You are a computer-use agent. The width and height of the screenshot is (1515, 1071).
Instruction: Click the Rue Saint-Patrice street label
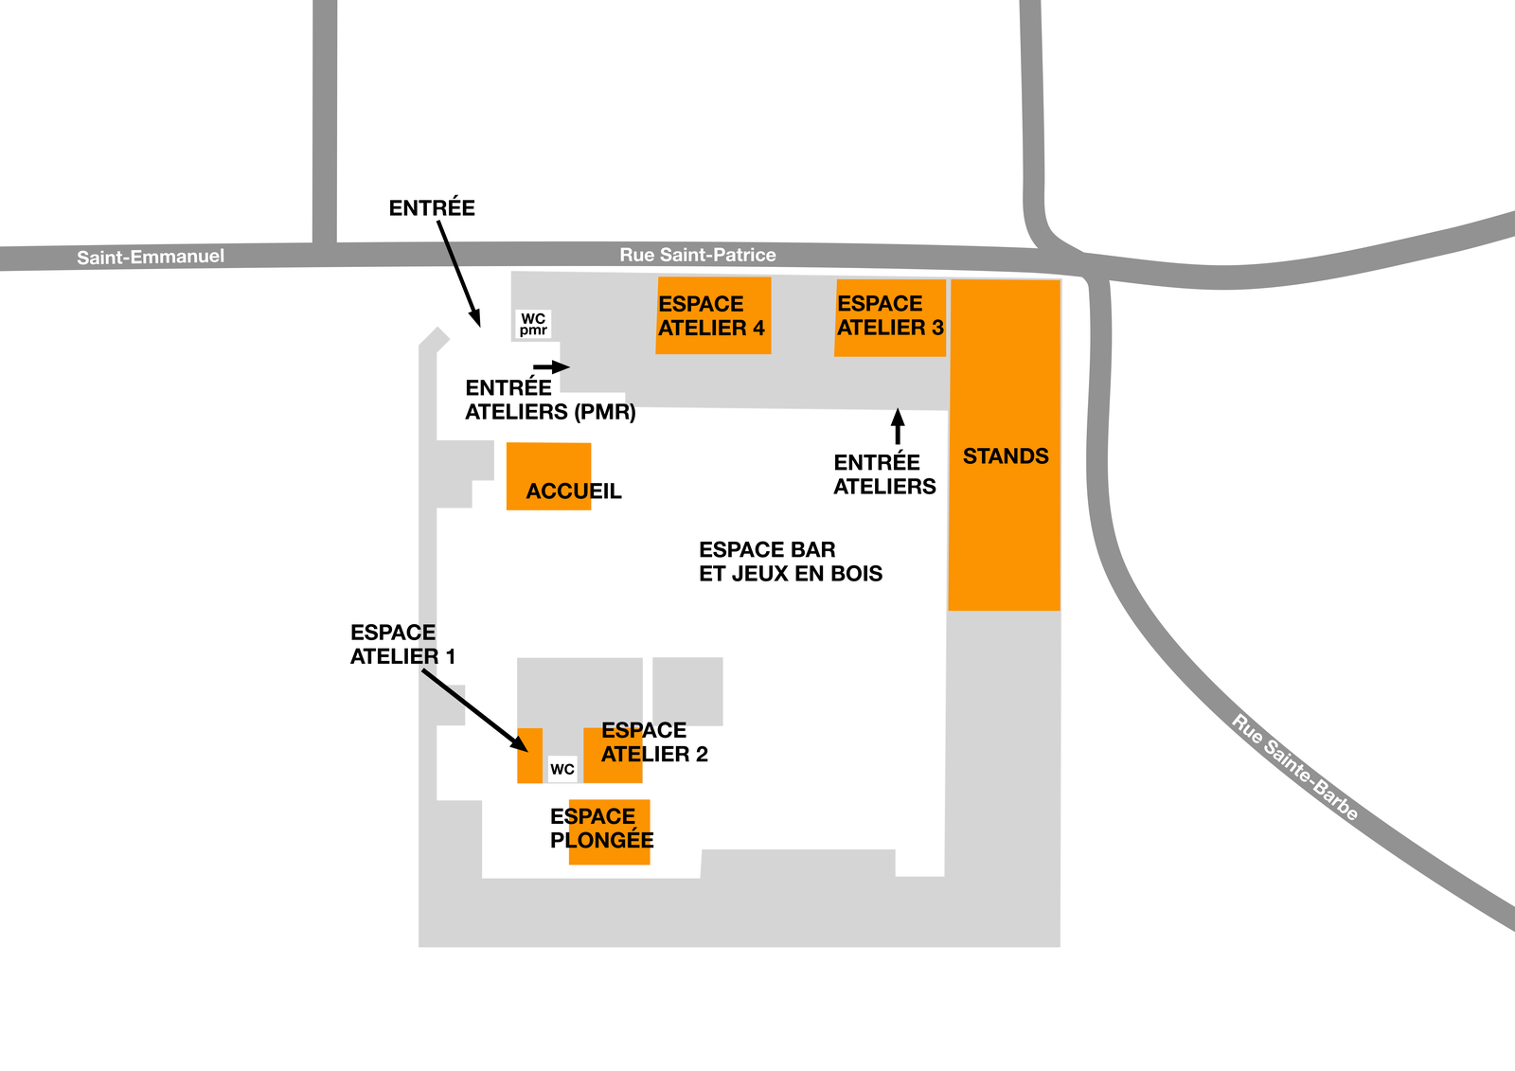click(697, 255)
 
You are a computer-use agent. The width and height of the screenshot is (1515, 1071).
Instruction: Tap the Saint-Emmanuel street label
click(151, 257)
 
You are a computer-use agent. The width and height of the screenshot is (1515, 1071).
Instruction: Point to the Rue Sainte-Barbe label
click(1294, 767)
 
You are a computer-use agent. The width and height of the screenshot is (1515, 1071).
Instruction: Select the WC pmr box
click(533, 325)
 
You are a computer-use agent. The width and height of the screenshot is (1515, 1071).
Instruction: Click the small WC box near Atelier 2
click(562, 769)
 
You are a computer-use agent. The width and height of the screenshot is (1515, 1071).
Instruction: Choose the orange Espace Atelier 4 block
click(714, 315)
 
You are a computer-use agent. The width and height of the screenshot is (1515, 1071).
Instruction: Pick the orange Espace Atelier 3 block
click(890, 318)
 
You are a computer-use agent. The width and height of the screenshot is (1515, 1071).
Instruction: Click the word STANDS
click(1006, 456)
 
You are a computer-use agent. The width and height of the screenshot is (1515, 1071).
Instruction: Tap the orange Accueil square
click(548, 476)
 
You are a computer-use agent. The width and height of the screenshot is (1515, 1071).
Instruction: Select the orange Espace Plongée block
click(610, 832)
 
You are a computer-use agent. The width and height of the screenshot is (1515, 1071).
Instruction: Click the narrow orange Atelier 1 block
click(529, 756)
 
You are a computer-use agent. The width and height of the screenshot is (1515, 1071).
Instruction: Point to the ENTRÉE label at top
click(432, 207)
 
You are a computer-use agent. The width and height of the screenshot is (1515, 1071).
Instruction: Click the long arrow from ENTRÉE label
click(458, 274)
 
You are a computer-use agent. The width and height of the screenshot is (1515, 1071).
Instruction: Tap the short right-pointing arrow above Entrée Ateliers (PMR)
click(551, 366)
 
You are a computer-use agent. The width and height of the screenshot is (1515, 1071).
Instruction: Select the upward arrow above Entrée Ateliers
click(898, 425)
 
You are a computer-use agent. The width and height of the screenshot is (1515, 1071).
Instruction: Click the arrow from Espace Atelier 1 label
click(474, 710)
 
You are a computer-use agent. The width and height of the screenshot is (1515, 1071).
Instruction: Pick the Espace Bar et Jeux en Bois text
click(791, 562)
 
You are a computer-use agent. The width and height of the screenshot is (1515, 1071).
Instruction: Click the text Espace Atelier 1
click(402, 644)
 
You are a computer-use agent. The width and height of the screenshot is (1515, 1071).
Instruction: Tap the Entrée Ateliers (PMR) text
click(550, 400)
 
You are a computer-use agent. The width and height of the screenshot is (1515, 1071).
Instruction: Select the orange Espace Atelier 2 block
click(613, 756)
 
